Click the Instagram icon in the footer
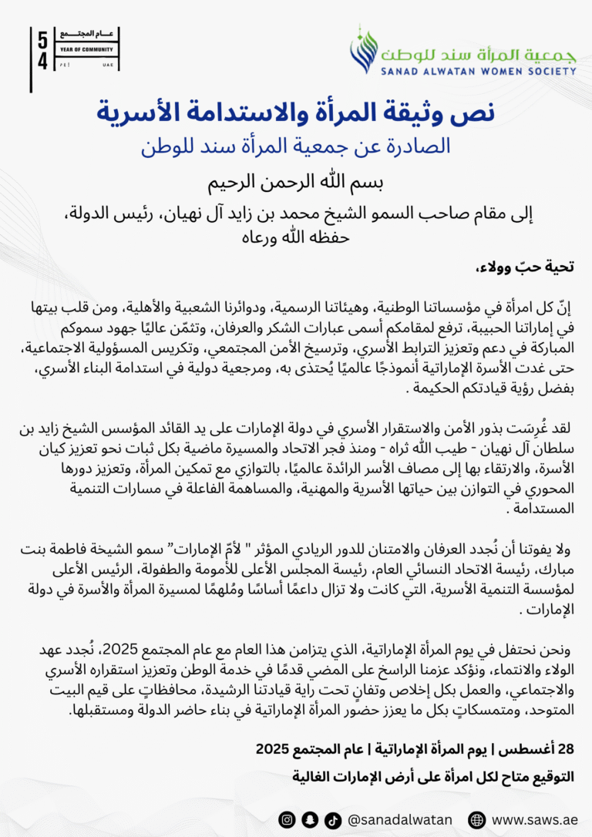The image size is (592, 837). pyautogui.click(x=286, y=819)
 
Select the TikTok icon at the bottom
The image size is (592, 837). pyautogui.click(x=332, y=819)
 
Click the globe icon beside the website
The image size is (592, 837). pyautogui.click(x=477, y=819)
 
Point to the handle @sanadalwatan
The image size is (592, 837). pyautogui.click(x=400, y=819)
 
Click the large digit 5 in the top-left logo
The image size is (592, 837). pyautogui.click(x=42, y=41)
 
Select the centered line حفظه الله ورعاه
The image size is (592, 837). pyautogui.click(x=296, y=237)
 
